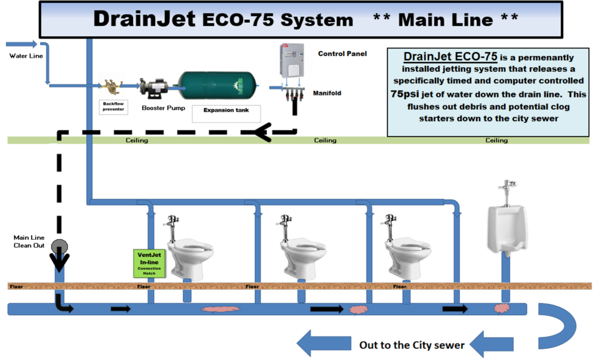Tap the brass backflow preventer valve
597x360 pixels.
(x=110, y=86)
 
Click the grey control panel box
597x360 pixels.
(x=292, y=61)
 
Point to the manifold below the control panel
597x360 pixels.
(x=294, y=94)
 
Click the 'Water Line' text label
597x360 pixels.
(x=24, y=57)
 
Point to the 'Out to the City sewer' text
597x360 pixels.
(x=412, y=345)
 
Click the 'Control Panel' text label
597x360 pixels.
(x=342, y=54)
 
